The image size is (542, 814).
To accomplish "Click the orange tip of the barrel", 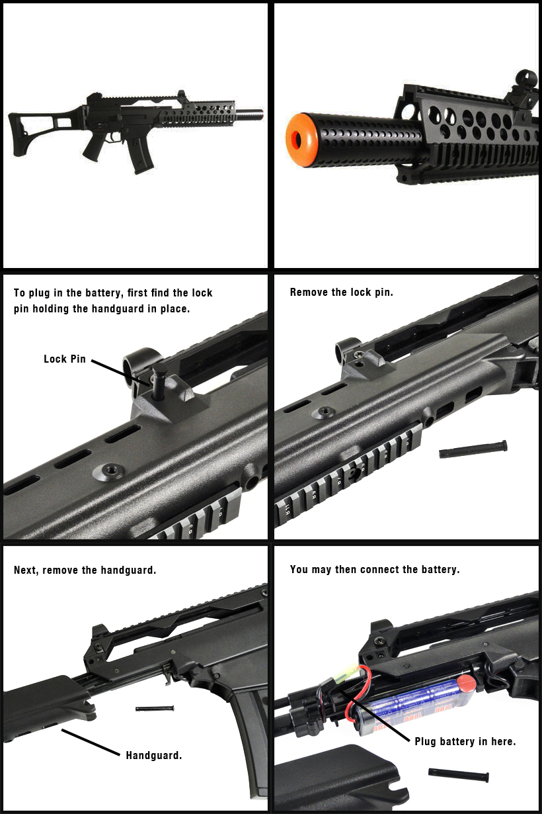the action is [x=301, y=140].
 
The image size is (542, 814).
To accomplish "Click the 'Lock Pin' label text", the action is [x=65, y=359].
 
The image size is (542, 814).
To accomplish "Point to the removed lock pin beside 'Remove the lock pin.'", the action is [x=473, y=449].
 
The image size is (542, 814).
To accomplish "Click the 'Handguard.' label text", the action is [x=154, y=756].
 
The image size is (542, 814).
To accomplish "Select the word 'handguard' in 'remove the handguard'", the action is [x=128, y=570].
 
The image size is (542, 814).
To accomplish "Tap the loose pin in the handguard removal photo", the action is [x=155, y=708].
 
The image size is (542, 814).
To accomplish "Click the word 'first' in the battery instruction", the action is [x=137, y=293].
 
